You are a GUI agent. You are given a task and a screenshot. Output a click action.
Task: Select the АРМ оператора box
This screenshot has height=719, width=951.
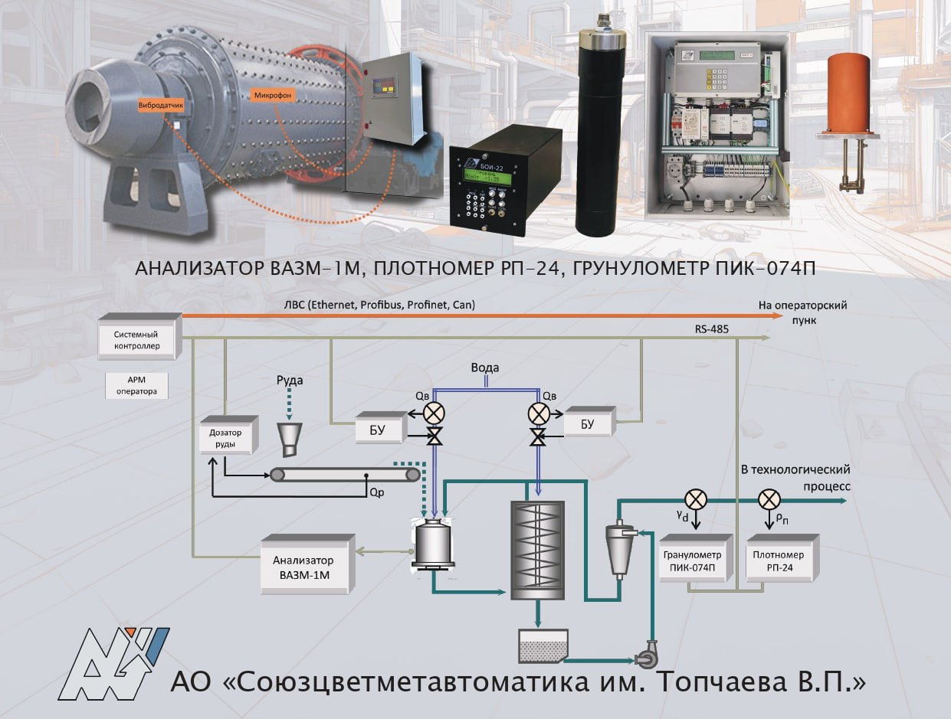point(136,385)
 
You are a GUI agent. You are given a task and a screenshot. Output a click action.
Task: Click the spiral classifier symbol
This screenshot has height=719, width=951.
point(537,549)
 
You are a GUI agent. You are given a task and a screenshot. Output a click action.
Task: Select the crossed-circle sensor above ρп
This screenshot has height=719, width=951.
point(768,500)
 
